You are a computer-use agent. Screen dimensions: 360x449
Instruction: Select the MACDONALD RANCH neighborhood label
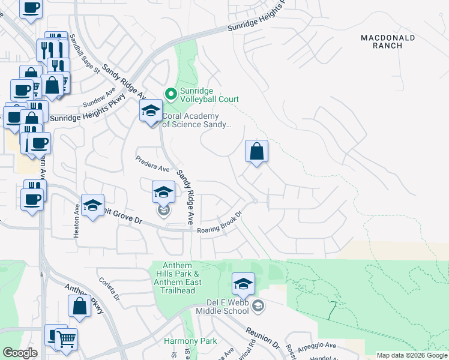tap(387, 41)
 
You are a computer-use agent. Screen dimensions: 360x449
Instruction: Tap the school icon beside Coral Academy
tap(151, 110)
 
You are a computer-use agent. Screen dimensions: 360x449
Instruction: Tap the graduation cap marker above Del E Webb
tap(243, 284)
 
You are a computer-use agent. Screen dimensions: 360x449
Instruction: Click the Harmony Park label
tap(190, 341)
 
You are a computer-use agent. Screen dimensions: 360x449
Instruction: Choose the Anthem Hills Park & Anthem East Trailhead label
tap(174, 278)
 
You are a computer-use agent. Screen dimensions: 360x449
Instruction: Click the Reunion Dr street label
tap(263, 338)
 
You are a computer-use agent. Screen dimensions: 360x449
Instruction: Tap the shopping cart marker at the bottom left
tap(66, 339)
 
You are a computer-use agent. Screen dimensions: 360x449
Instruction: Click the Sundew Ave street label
tap(99, 97)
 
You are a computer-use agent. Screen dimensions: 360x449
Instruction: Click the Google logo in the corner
tap(20, 353)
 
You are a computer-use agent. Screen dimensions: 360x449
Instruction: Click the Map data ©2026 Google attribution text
tap(412, 355)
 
